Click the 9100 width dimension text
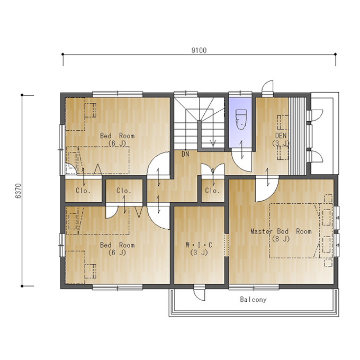pyautogui.click(x=199, y=50)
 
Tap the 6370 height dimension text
pyautogui.click(x=18, y=191)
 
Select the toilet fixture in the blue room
pyautogui.click(x=241, y=120)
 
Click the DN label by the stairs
pyautogui.click(x=185, y=154)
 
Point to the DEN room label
pyautogui.click(x=281, y=136)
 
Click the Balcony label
pyautogui.click(x=253, y=300)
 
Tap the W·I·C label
pyautogui.click(x=199, y=245)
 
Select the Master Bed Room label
pyautogui.click(x=281, y=231)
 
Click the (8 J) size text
pyautogui.click(x=281, y=239)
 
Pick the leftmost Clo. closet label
pyautogui.click(x=83, y=191)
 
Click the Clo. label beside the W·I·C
pyautogui.click(x=212, y=191)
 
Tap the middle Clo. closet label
pyautogui.click(x=124, y=191)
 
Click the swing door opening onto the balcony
pyautogui.click(x=199, y=294)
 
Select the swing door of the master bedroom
pyautogui.click(x=267, y=190)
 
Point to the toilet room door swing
pyautogui.click(x=241, y=160)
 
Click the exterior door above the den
pyautogui.click(x=268, y=87)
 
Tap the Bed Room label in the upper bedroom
pyautogui.click(x=117, y=136)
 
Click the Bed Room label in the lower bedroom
pyautogui.click(x=117, y=245)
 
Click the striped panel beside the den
pyautogui.click(x=298, y=136)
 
